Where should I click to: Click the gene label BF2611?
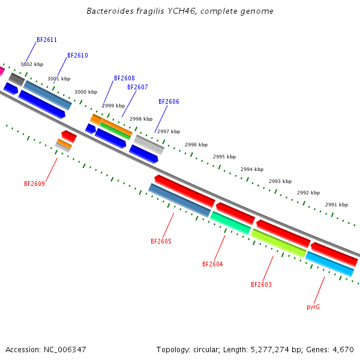coord(47,40)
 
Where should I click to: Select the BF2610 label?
coord(77,55)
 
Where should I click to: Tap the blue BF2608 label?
coord(124,78)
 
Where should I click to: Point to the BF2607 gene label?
coord(137,87)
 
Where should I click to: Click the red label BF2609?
coord(34,184)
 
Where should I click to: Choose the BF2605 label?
coord(161,241)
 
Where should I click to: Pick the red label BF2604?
coord(212,264)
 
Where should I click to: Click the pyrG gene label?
coord(313,307)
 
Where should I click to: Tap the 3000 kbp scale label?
coord(86,92)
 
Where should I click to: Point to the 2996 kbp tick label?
coord(196,145)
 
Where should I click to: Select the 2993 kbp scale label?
coord(280,181)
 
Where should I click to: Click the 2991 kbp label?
coord(337,205)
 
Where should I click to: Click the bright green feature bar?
coord(115,131)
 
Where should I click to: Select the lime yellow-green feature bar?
coord(278,243)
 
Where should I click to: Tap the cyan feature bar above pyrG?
coord(329,264)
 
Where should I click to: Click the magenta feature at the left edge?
coord(2,71)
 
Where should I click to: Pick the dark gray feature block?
coord(17,79)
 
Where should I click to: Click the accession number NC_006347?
coord(65,350)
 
